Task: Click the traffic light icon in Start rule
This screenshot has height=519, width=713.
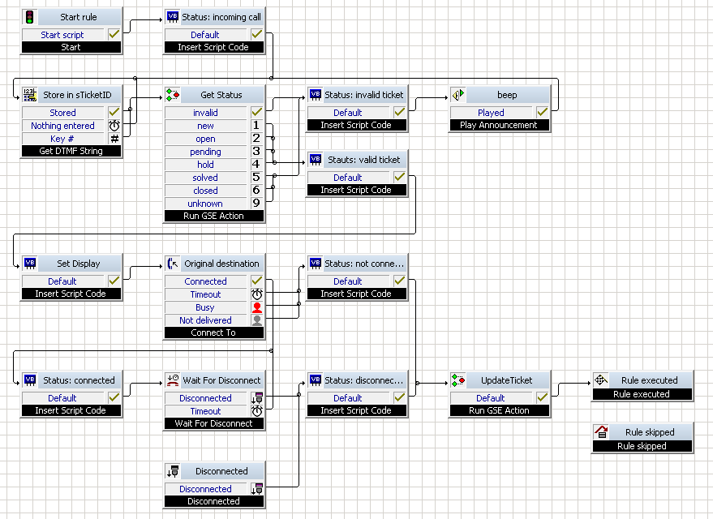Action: [x=29, y=17]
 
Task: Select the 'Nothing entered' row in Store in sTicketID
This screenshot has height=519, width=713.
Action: [x=62, y=126]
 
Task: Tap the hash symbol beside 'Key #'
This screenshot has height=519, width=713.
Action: [x=114, y=139]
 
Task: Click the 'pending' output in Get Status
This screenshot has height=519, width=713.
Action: [x=205, y=152]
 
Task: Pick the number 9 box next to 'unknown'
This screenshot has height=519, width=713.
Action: [x=256, y=204]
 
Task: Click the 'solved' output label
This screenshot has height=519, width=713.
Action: [x=205, y=178]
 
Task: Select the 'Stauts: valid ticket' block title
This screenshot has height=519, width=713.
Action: [x=363, y=160]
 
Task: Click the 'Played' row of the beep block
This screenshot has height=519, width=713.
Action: [x=491, y=112]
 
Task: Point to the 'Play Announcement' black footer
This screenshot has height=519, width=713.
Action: [x=499, y=125]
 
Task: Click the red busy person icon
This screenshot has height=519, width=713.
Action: [x=257, y=307]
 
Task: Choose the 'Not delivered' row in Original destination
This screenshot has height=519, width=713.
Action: [x=205, y=320]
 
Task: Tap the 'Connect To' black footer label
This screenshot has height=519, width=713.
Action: [x=213, y=332]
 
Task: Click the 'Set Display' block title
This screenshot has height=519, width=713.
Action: [x=78, y=264]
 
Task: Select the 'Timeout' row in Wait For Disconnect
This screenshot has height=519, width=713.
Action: [x=205, y=411]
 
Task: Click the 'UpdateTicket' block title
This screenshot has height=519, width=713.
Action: [x=506, y=380]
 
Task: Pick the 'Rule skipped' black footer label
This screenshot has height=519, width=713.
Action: [x=642, y=446]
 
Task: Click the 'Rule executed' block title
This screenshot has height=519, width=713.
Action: [x=650, y=380]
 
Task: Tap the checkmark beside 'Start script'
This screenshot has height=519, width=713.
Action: [x=114, y=34]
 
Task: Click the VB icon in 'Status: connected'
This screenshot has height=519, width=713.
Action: [x=30, y=380]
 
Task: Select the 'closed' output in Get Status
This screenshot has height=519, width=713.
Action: [x=205, y=191]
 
